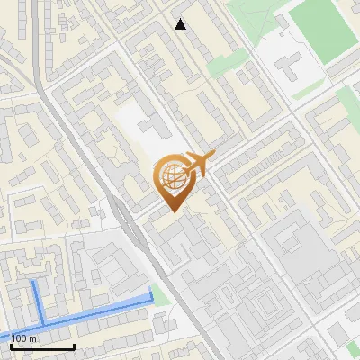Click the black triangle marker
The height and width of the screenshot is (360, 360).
coord(181,24)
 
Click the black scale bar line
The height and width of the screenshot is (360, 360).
coord(41,346)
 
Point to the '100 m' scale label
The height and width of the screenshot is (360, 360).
coord(23,338)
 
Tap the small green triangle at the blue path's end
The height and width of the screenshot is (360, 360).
coord(159,294)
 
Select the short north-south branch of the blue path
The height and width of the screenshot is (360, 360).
coord(39,301)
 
